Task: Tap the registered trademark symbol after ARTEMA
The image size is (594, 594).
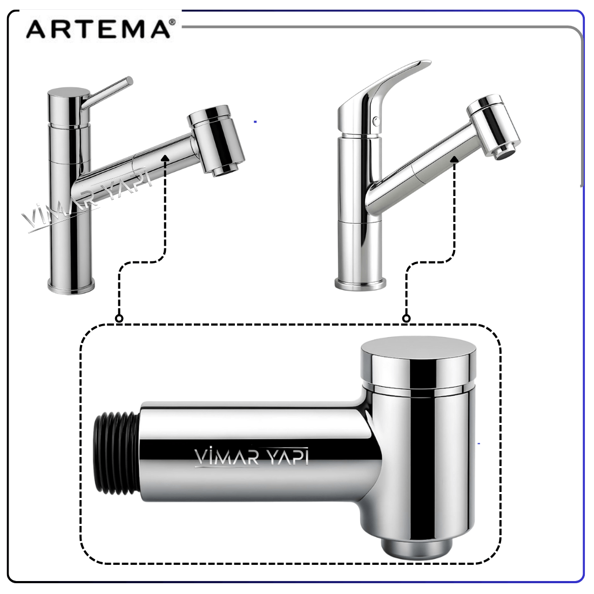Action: [172, 22]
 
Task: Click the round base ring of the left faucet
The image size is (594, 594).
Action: [71, 285]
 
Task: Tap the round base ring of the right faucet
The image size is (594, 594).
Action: [360, 283]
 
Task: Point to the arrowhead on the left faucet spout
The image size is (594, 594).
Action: [164, 158]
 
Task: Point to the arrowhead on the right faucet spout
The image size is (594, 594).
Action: [454, 160]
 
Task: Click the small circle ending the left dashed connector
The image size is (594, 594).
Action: [119, 319]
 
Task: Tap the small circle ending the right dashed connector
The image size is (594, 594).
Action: [407, 319]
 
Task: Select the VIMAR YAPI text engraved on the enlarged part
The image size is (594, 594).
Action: [252, 457]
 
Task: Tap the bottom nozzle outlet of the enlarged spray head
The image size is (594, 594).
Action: [416, 548]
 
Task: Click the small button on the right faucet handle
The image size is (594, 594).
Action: [375, 121]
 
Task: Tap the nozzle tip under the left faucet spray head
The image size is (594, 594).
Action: [225, 171]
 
